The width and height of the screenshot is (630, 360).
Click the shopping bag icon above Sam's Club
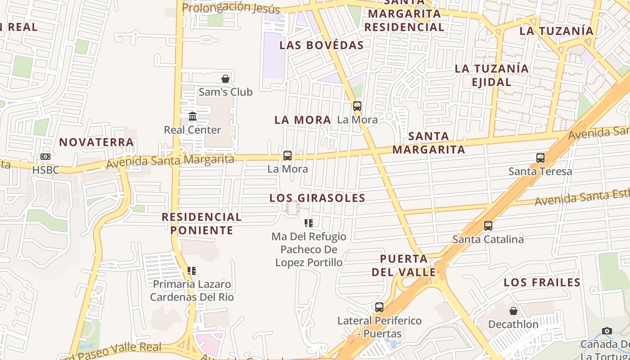225,79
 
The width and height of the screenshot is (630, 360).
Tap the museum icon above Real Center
193,117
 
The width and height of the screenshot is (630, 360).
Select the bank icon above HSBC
45,157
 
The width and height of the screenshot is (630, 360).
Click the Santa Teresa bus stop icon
540,158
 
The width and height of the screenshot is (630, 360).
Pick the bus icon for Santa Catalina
488,226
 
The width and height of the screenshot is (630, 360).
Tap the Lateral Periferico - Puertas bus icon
379,307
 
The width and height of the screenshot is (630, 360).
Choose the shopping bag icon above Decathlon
513,311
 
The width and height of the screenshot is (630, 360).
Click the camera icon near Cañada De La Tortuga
607,331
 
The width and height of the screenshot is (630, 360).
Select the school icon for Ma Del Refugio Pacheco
309,223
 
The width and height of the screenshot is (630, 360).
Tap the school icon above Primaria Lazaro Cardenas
192,271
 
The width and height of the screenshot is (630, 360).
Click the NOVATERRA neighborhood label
97,142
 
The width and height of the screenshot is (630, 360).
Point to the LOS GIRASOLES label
317,198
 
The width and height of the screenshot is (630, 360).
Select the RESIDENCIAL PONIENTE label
202,224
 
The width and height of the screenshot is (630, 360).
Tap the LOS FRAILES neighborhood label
542,283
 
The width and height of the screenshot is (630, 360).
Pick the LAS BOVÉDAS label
321,45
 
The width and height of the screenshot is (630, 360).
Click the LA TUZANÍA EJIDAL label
491,75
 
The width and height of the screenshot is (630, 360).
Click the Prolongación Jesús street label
231,8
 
